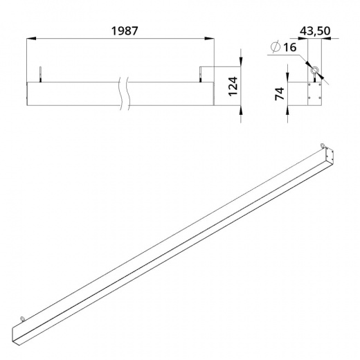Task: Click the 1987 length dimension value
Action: click(x=125, y=31)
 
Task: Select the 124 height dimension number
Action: click(x=233, y=87)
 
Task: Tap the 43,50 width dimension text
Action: click(x=315, y=31)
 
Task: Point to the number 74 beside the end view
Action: click(x=279, y=93)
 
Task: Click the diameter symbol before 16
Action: click(x=276, y=47)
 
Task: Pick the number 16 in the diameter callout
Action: click(x=289, y=47)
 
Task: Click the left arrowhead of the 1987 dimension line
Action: click(x=31, y=39)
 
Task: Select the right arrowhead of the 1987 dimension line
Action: click(x=209, y=39)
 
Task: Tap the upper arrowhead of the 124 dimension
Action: click(x=241, y=62)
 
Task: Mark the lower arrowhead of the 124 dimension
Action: click(x=241, y=110)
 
